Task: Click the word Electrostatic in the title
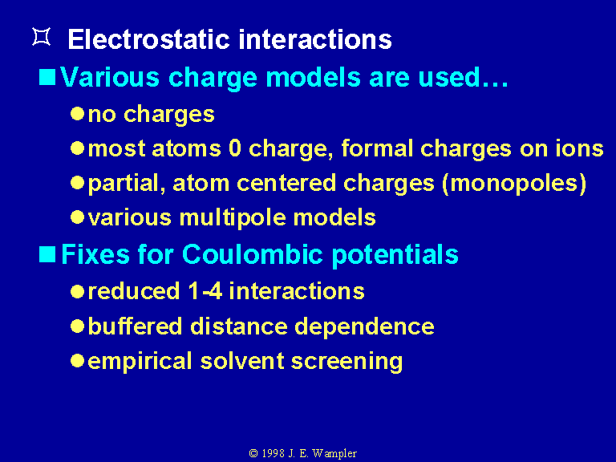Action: [x=148, y=39]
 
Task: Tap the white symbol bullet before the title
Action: [x=41, y=37]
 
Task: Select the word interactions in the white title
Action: [x=315, y=39]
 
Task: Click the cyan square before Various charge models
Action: [x=47, y=77]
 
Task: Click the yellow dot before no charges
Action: [x=77, y=114]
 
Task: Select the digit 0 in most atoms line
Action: [x=234, y=148]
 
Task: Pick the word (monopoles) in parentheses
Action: [x=514, y=184]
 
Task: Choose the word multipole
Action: [x=233, y=217]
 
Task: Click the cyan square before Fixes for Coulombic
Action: [x=47, y=254]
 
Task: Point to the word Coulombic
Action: [x=252, y=254]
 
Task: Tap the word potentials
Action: [x=395, y=255]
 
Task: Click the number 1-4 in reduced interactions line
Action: [x=205, y=291]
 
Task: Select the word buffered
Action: [x=135, y=326]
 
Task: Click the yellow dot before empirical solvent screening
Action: [x=77, y=361]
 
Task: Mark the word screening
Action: [x=346, y=362]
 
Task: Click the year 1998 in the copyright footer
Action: [x=273, y=453]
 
